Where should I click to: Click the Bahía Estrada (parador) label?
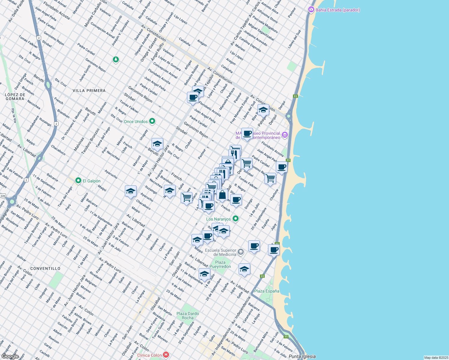coord(337,10)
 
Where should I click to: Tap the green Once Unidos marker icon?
coord(152,121)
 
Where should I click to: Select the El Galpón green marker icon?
coord(78,181)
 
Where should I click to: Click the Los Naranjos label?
coord(218,219)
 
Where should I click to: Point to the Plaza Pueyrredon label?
coord(220,264)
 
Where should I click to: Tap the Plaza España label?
coord(267,291)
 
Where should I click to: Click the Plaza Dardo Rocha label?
coord(188,316)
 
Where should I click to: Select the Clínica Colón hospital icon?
coord(166,355)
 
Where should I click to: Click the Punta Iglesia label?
coord(302,356)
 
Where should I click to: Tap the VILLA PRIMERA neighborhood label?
coord(89,91)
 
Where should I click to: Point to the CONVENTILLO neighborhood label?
coord(45,268)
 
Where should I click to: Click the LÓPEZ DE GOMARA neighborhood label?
coord(15,97)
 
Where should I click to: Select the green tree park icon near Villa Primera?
coord(116,60)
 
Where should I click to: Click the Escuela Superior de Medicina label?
coord(221,252)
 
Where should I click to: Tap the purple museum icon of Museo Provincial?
coord(285,135)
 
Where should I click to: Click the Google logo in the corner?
coord(10,356)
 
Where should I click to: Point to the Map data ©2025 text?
coord(435,358)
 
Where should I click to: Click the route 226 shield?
coord(3,196)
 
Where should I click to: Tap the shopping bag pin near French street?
coord(222,195)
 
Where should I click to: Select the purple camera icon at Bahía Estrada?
coord(311,10)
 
